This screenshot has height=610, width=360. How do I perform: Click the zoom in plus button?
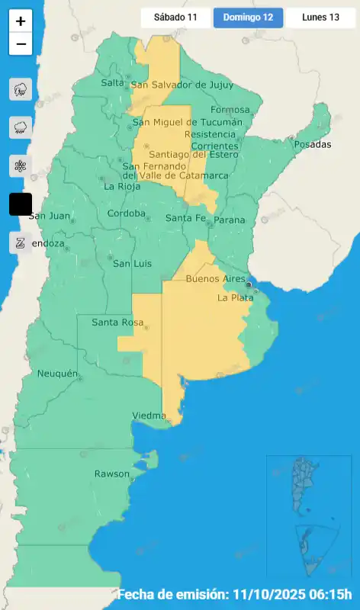[21, 21]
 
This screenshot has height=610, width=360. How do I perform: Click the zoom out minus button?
[21, 44]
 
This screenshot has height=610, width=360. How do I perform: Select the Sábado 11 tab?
[175, 18]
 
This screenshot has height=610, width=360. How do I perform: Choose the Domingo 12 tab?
[248, 18]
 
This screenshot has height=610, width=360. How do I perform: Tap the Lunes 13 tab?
[320, 18]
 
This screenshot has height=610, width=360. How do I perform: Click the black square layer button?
[21, 204]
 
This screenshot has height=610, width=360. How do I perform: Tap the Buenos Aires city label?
[216, 279]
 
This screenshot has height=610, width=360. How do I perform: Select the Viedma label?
[149, 416]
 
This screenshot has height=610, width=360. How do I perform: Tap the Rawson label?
[111, 474]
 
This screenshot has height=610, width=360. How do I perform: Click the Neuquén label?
[58, 374]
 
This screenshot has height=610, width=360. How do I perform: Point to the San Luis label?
[132, 264]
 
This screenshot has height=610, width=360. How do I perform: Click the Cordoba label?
[127, 213]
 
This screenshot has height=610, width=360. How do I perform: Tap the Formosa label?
[230, 110]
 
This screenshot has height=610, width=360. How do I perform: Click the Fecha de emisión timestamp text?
[234, 595]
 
